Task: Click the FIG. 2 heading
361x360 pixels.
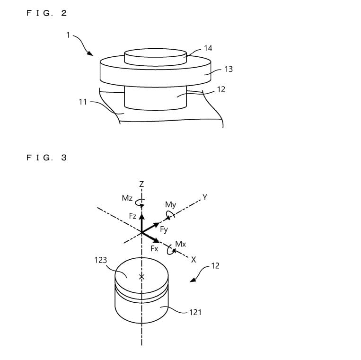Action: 46,13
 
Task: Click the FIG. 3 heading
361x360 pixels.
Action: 46,158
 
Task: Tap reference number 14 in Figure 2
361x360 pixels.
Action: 208,48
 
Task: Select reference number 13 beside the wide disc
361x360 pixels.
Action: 229,69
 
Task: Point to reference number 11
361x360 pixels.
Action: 83,102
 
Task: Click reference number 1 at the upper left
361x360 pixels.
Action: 68,35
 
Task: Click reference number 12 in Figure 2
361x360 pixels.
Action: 221,89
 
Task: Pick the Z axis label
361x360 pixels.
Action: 141,184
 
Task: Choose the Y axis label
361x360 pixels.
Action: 205,197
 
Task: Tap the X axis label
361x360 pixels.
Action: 194,260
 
